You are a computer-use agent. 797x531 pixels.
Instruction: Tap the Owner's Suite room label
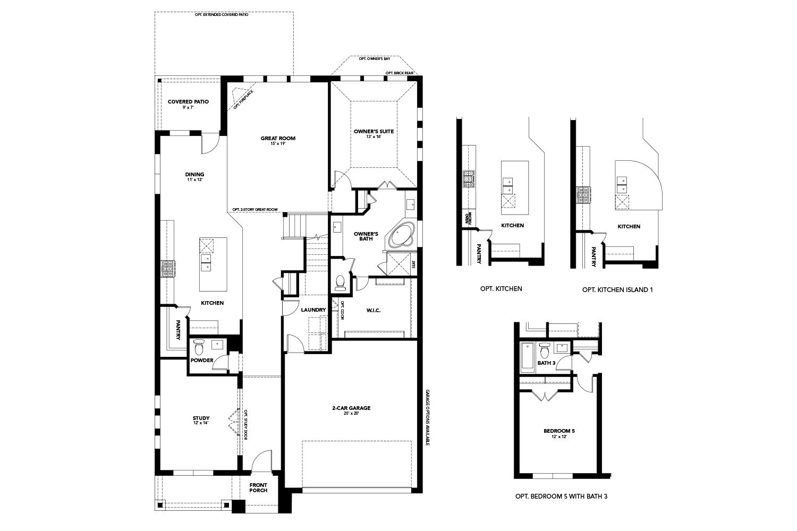[374, 131]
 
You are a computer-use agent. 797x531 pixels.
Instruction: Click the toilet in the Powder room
[199, 347]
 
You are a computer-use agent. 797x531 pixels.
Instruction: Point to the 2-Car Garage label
[351, 408]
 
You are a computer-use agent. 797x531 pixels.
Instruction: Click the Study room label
[201, 418]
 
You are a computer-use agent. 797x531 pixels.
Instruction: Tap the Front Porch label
[258, 487]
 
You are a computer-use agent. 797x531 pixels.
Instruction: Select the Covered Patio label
[188, 101]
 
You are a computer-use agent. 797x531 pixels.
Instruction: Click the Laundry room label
[313, 310]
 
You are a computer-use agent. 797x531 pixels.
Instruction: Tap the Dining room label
[194, 175]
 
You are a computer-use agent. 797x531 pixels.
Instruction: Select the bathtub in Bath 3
[526, 357]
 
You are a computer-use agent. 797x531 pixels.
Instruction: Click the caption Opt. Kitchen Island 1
[617, 289]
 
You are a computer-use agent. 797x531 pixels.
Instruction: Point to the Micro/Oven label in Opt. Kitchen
[468, 218]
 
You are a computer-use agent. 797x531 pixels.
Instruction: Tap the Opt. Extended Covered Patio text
[222, 14]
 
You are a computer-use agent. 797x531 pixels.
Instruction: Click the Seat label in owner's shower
[414, 263]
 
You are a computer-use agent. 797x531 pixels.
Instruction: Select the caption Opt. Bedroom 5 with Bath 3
[561, 496]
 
